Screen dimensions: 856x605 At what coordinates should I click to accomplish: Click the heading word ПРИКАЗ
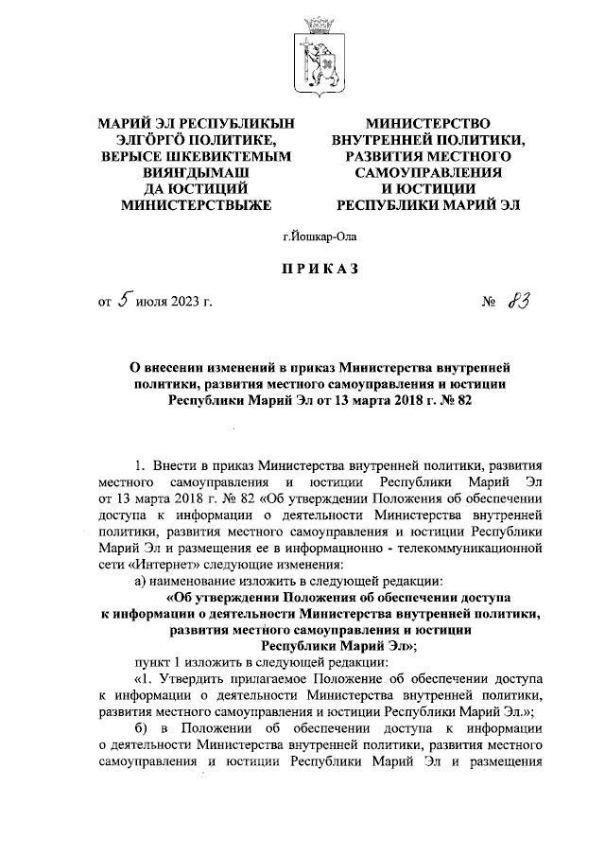coord(315,270)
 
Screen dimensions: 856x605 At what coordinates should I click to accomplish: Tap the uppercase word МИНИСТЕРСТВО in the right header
coord(428,124)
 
